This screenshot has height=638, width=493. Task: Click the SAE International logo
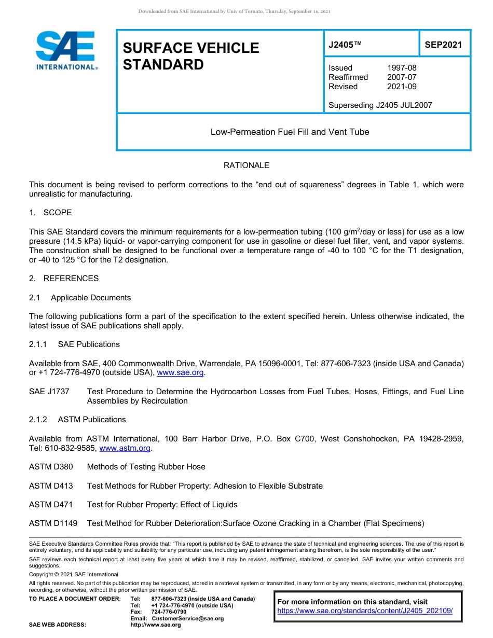(x=66, y=50)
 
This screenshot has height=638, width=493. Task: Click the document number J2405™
(x=345, y=45)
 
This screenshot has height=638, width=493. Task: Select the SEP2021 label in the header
(x=443, y=45)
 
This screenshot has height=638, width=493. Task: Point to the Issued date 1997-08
(x=402, y=68)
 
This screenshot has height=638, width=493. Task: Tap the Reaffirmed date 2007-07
(x=402, y=77)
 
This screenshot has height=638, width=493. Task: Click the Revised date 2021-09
(x=402, y=87)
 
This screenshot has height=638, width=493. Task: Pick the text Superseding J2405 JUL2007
(x=380, y=105)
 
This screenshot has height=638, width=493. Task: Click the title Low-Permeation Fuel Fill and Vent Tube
(x=290, y=132)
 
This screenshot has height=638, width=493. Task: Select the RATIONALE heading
(x=246, y=165)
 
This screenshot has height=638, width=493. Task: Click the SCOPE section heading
(x=57, y=213)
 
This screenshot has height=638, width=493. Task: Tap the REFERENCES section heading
(x=71, y=279)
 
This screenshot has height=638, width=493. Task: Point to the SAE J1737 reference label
(x=49, y=392)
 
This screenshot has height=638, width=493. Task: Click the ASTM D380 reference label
(x=51, y=467)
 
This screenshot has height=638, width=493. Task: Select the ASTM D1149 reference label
(x=53, y=523)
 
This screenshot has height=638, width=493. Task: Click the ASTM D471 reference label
(x=51, y=505)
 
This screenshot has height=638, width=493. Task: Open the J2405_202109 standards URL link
(x=365, y=611)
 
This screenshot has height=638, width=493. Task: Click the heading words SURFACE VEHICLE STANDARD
(x=190, y=56)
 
